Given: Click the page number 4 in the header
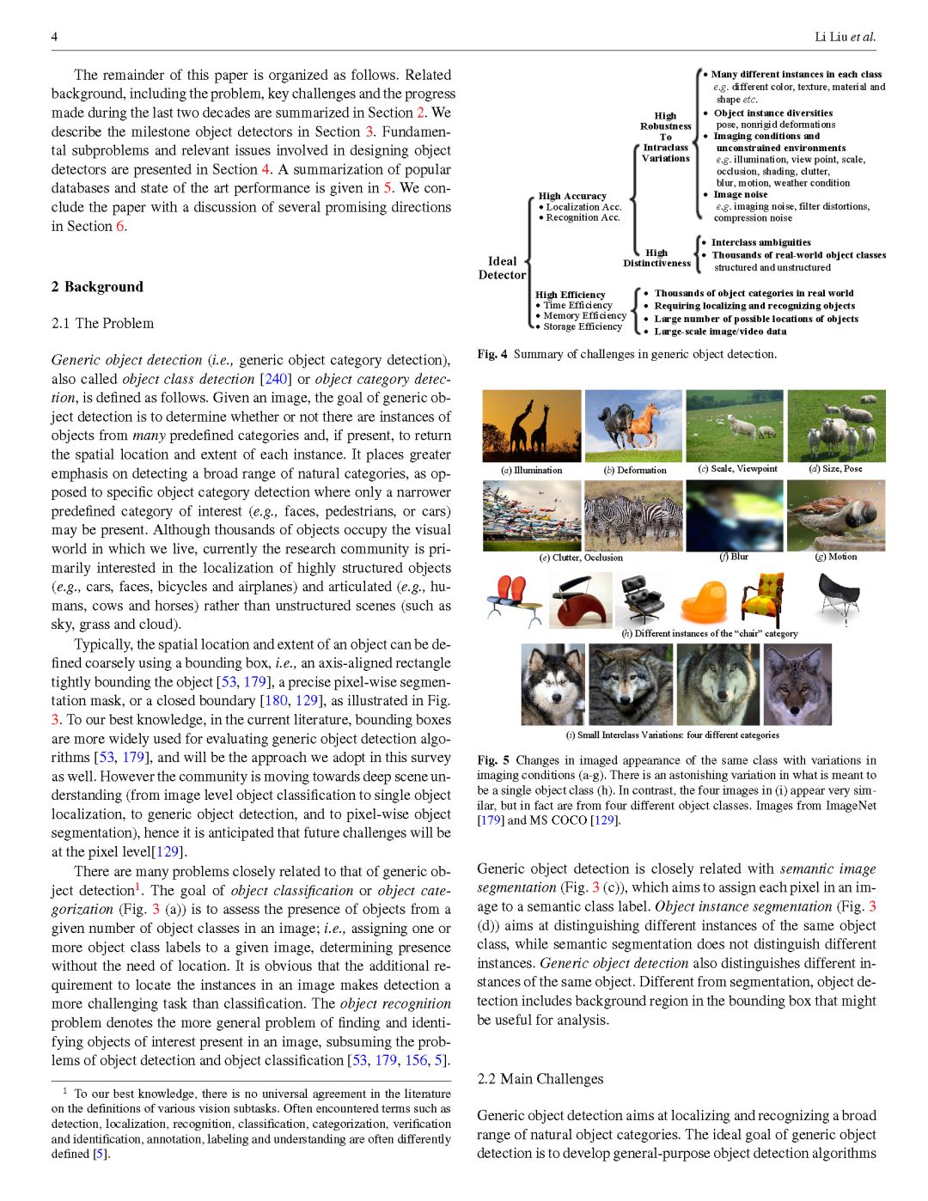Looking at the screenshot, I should (x=54, y=37).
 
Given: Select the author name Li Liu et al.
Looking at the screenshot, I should (x=845, y=37).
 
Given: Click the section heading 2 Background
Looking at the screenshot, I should (x=97, y=287).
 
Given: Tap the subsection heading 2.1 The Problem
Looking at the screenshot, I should (x=102, y=323).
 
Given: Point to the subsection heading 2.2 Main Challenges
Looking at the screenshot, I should (x=540, y=1079).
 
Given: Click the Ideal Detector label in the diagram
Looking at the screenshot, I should (x=502, y=268).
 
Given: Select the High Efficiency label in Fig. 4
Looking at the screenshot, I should (x=570, y=295).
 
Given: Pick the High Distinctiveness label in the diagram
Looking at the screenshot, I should (x=656, y=258).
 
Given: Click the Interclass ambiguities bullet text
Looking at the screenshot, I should (x=760, y=242).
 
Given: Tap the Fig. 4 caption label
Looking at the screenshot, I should (x=492, y=354).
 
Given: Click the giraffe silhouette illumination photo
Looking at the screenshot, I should (x=531, y=426).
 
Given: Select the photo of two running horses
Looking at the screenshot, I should (x=633, y=426).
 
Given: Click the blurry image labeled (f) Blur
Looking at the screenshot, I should (x=734, y=515).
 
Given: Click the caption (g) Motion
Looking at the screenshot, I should (x=835, y=557).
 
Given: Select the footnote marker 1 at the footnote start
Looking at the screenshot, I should (x=65, y=1091).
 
